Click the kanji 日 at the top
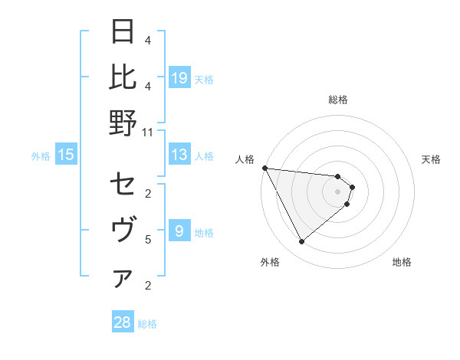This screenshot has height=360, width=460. point(123,32)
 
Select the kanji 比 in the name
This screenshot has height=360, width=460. point(123,77)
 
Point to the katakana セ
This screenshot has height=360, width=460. point(123,185)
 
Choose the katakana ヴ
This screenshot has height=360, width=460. point(123,230)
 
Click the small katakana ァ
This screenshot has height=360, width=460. point(123,279)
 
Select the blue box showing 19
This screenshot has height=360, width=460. point(179,78)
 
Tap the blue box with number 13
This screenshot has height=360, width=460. point(179,155)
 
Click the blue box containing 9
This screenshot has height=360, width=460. point(179,231)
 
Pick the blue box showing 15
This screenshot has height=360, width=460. point(66,155)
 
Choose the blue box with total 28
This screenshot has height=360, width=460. point(122,322)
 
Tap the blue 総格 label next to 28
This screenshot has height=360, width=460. point(147,324)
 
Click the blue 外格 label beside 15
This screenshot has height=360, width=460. point(41,156)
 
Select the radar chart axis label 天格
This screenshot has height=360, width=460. point(432,159)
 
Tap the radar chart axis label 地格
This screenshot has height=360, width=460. point(402,262)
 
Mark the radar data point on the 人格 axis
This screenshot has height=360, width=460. point(264,168)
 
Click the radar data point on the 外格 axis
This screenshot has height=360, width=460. point(301,242)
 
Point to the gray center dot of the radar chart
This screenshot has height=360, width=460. point(337,191)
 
